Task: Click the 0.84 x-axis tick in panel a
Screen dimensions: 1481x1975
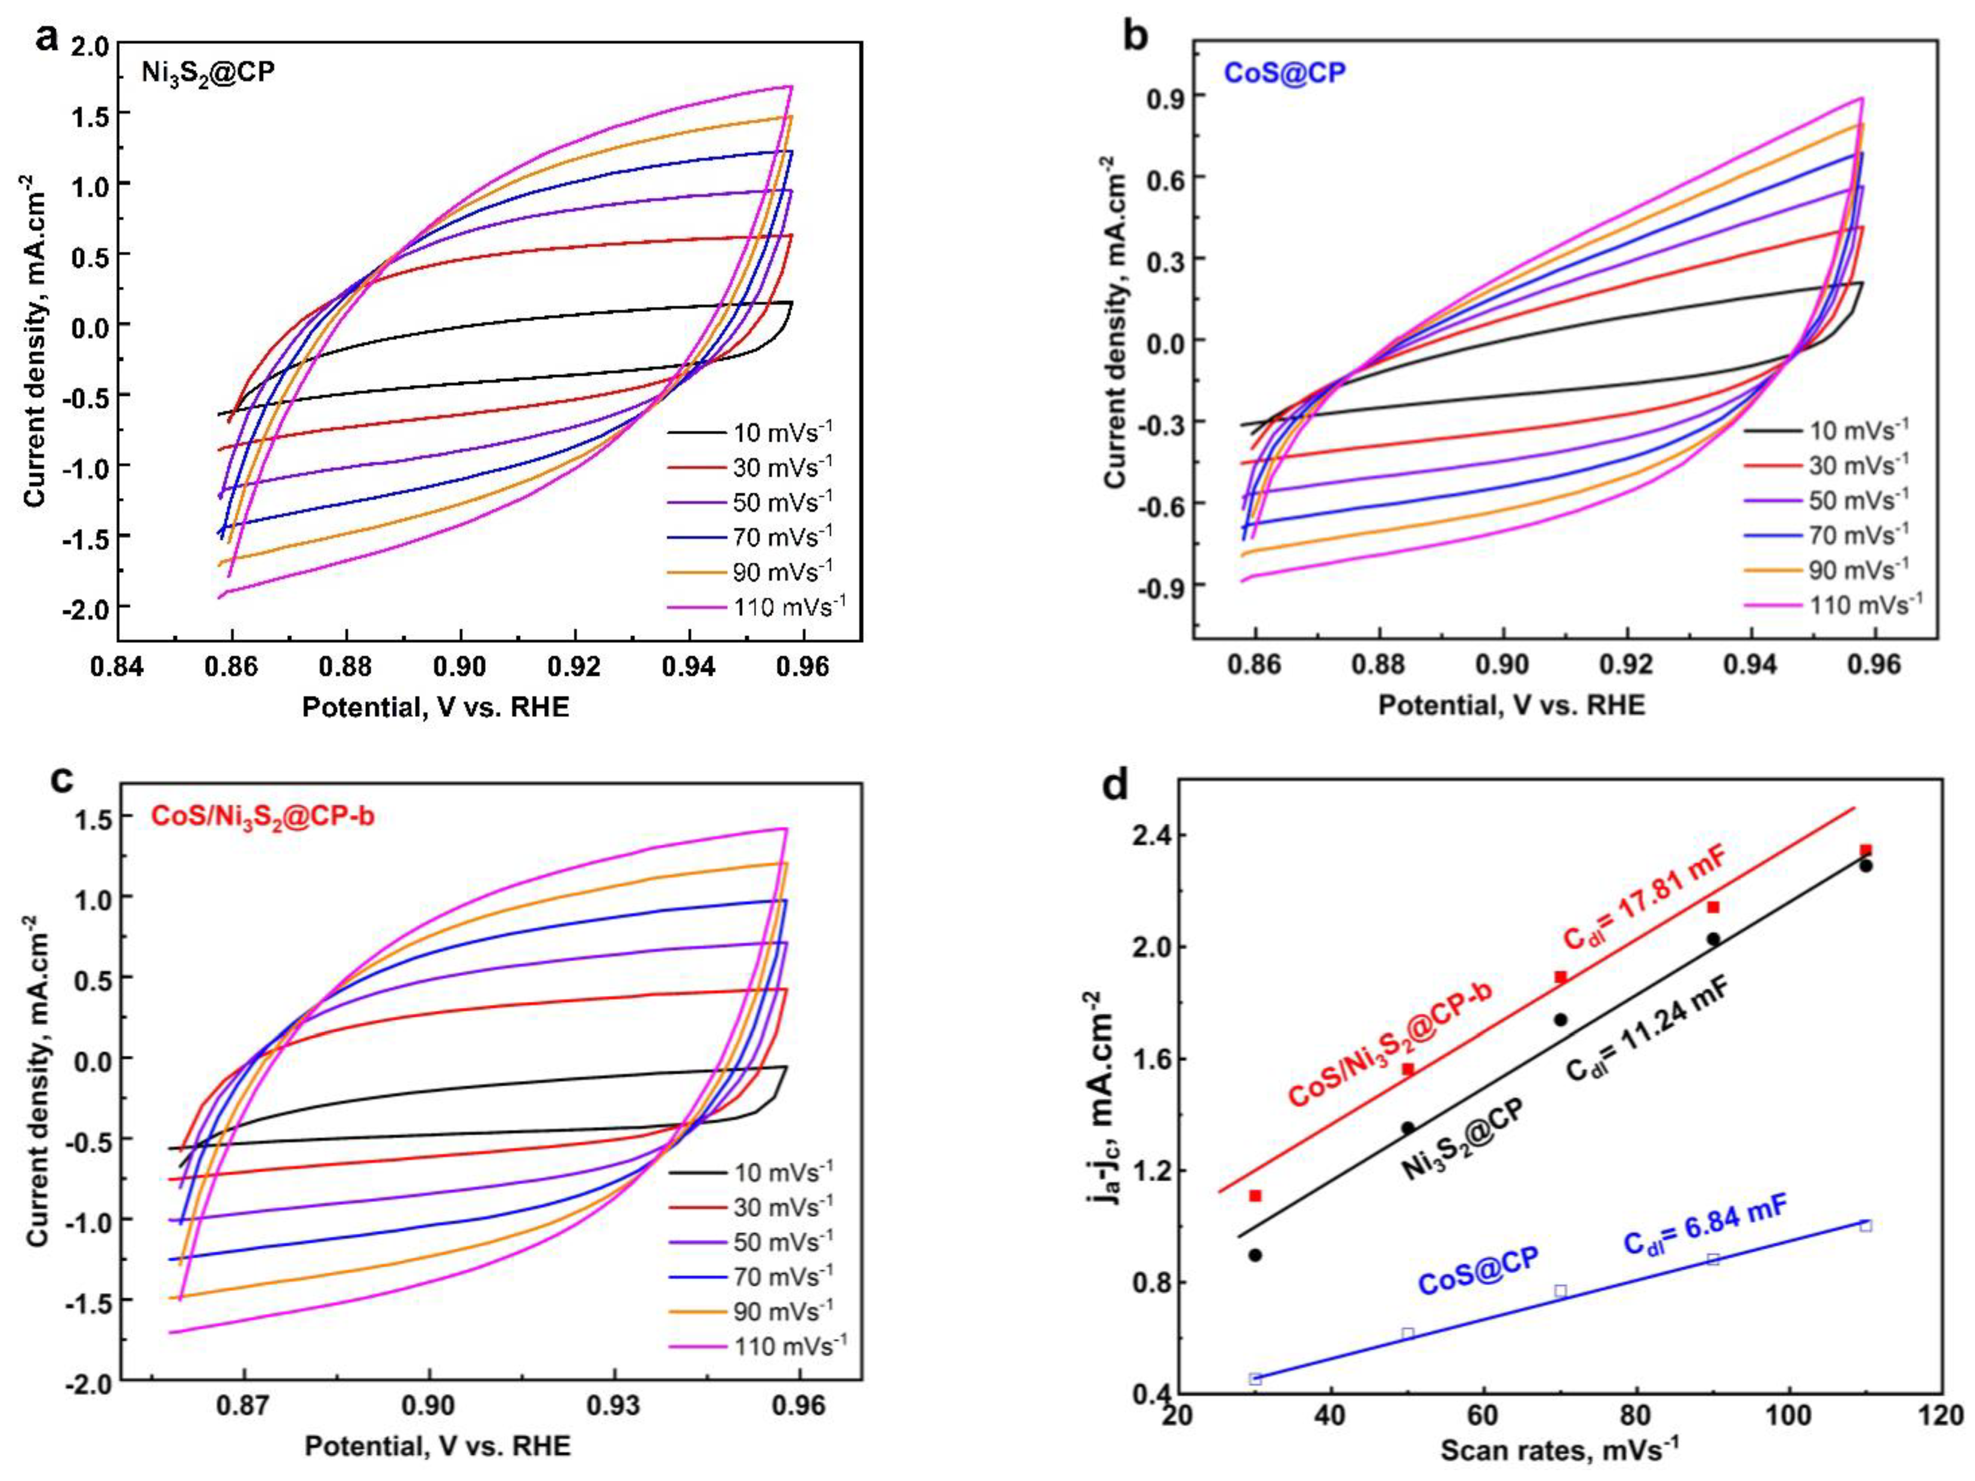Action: [x=118, y=668]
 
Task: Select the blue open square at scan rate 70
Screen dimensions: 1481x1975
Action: [x=1561, y=1291]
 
